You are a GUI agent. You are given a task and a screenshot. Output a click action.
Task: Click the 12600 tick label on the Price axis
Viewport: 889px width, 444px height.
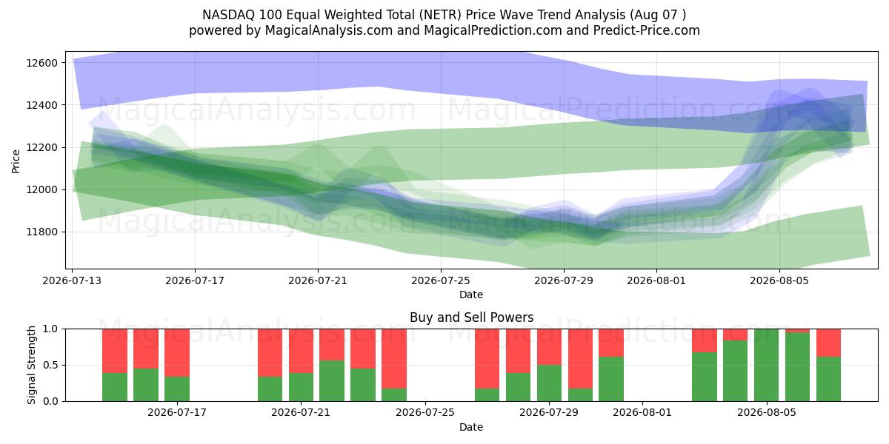point(41,63)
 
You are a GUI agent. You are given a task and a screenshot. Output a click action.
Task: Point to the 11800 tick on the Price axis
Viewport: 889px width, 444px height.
point(41,232)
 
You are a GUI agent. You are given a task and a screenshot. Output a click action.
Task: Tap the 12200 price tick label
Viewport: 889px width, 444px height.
point(41,147)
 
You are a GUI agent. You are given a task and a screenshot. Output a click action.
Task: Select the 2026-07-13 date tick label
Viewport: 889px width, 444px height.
point(72,280)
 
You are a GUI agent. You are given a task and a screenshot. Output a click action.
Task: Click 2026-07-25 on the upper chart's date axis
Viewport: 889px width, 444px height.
point(441,280)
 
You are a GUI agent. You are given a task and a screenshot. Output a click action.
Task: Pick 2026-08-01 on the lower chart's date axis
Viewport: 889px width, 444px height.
point(642,412)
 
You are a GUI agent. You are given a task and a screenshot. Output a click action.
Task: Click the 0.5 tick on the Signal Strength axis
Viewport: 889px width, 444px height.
point(50,365)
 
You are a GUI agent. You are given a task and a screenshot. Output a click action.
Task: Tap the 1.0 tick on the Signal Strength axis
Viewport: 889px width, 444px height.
point(50,329)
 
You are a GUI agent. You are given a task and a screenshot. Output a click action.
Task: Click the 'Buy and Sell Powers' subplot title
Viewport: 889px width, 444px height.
point(471,317)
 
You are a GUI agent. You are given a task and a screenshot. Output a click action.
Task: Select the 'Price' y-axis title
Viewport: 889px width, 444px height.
point(16,161)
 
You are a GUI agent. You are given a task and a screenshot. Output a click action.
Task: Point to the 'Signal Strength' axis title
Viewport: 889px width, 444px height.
point(31,365)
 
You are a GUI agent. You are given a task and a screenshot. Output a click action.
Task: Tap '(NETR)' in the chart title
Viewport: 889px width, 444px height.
point(442,15)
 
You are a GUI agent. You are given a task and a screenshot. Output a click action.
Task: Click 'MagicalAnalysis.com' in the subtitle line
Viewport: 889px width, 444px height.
point(329,30)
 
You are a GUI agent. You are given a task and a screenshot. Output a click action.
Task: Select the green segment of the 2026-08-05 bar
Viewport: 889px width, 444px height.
point(766,365)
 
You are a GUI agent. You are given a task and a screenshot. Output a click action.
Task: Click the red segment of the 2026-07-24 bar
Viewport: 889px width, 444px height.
point(394,358)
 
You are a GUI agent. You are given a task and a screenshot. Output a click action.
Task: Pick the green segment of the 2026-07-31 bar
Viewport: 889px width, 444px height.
point(611,379)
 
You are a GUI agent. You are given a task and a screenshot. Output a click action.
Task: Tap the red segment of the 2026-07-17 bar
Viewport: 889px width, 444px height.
point(177,352)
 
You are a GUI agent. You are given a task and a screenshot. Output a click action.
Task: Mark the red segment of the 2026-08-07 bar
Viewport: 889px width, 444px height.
point(829,343)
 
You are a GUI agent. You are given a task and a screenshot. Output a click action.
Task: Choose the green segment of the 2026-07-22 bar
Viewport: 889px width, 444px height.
point(332,381)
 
